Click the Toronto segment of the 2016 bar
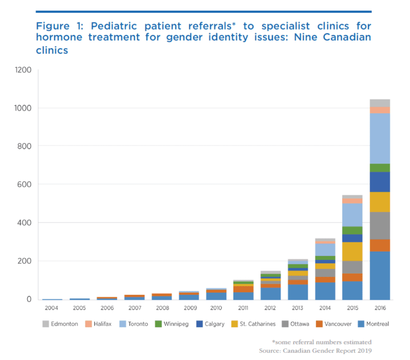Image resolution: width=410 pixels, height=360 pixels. click(x=379, y=138)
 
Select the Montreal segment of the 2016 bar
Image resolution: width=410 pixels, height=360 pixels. click(x=379, y=275)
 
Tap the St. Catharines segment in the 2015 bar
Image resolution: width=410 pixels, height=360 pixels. click(x=352, y=251)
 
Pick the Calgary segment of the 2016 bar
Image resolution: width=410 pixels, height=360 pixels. click(x=379, y=182)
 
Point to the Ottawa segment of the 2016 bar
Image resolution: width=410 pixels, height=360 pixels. click(x=379, y=225)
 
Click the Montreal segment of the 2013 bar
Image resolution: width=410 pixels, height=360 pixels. click(x=298, y=292)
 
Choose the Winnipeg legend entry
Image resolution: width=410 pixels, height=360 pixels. click(x=174, y=324)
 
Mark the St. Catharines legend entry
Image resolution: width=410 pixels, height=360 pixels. click(x=256, y=324)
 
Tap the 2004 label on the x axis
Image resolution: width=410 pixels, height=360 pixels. click(x=52, y=309)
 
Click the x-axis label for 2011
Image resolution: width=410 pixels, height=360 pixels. click(x=243, y=309)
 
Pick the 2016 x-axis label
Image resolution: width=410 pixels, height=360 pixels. click(x=379, y=309)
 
